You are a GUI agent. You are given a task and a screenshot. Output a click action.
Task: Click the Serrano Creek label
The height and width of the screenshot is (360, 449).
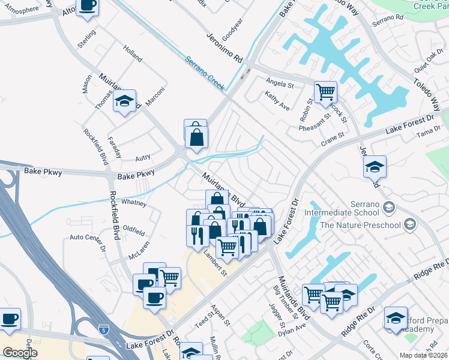(x=204, y=73)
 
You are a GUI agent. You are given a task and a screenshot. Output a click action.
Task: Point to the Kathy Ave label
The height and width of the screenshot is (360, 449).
(x=277, y=101)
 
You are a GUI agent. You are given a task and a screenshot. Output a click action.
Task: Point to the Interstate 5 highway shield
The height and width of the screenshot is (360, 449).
(x=104, y=329)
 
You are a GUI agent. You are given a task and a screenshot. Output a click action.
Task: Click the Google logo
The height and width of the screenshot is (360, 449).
(x=20, y=353)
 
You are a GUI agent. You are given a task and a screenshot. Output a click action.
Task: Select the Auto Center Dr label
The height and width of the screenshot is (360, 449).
(x=88, y=242)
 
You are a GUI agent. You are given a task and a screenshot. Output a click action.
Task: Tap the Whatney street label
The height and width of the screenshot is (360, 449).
(x=133, y=203)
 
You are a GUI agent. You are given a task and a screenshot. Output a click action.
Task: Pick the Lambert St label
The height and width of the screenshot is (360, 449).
(x=215, y=263)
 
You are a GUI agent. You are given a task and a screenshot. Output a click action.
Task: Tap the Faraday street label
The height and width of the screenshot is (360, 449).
(x=113, y=148)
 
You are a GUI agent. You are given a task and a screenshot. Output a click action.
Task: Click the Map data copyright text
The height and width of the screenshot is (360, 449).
(x=424, y=355)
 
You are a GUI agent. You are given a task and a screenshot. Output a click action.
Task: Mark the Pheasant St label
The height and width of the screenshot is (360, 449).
(x=316, y=121)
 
